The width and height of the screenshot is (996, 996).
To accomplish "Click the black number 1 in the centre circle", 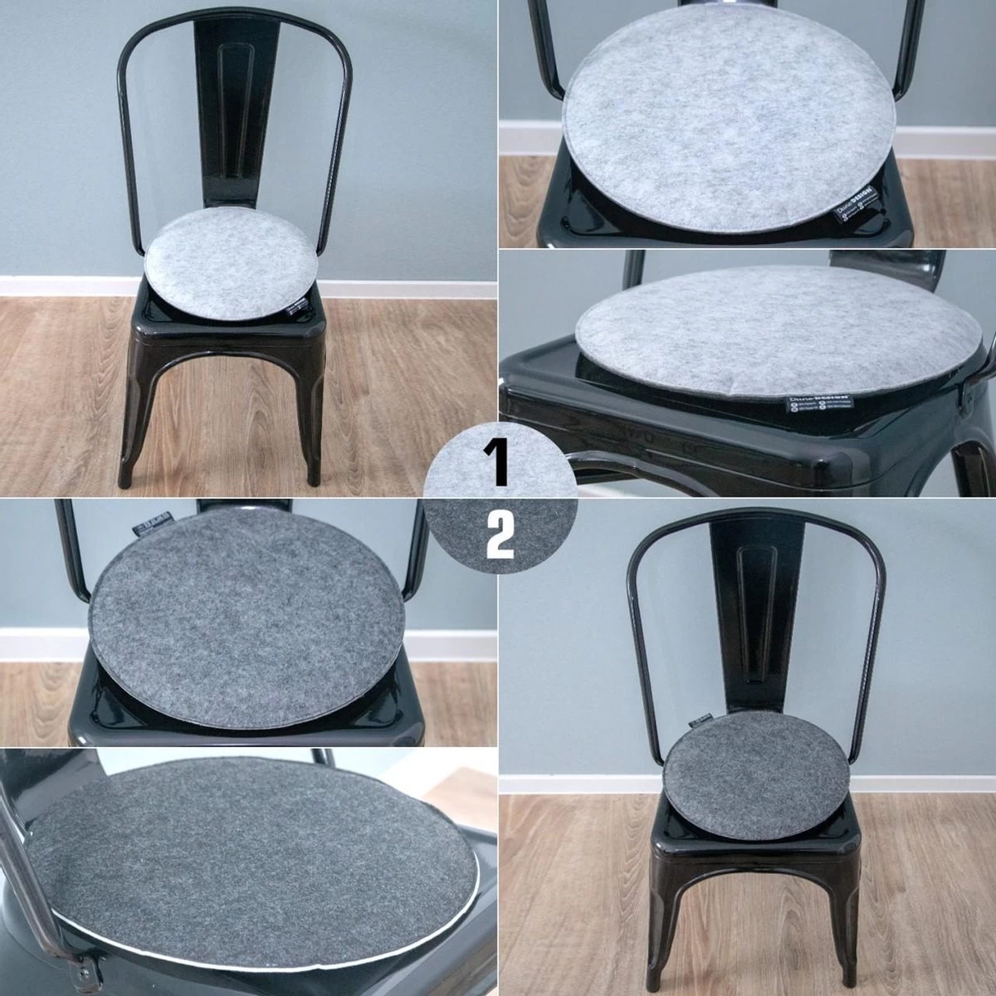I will point(498,462).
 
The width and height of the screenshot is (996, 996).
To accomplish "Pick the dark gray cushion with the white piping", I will point(249,838).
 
